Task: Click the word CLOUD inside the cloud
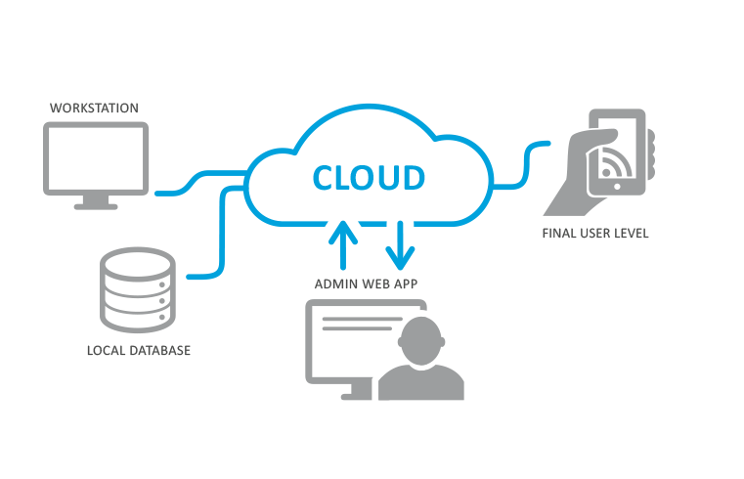pyautogui.click(x=369, y=178)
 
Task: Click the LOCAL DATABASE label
pyautogui.click(x=138, y=349)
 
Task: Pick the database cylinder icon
pyautogui.click(x=138, y=290)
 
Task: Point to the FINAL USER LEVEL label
pyautogui.click(x=595, y=234)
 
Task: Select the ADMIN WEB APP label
pyautogui.click(x=368, y=284)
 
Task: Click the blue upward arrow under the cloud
pyautogui.click(x=342, y=244)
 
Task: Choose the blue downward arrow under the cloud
pyautogui.click(x=398, y=244)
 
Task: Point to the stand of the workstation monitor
pyautogui.click(x=96, y=202)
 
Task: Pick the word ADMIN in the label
pyautogui.click(x=332, y=284)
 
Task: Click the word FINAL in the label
pyautogui.click(x=560, y=234)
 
